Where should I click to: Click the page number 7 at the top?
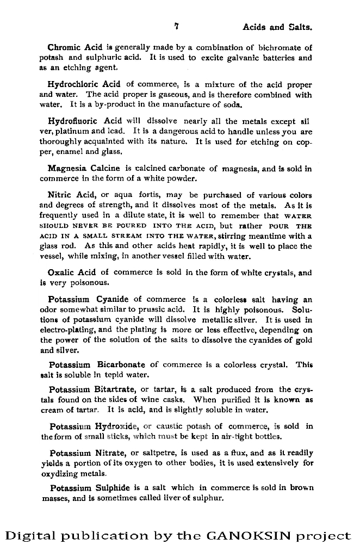tap(177, 26)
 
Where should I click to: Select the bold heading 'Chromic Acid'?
tap(75, 47)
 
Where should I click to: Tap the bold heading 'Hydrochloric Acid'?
tap(84, 84)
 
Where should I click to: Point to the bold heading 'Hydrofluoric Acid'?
tap(85, 121)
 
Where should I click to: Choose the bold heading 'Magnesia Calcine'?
tap(84, 169)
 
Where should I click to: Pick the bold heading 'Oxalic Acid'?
tap(72, 273)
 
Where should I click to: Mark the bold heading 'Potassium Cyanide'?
tap(88, 299)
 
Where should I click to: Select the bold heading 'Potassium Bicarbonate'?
tap(97, 364)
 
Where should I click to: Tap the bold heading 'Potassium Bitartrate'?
tap(93, 389)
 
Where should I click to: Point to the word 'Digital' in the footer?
tap(31, 536)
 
